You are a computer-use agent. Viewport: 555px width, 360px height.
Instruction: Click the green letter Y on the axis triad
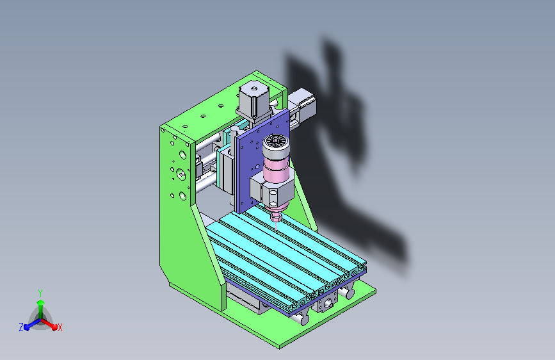pos(40,293)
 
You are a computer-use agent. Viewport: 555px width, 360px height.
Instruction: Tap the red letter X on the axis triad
pos(60,327)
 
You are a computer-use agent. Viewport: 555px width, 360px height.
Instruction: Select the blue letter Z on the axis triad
pos(21,327)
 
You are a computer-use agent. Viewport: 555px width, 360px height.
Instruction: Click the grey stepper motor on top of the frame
pos(253,100)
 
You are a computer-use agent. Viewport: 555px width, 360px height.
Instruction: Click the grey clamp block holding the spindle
pos(272,190)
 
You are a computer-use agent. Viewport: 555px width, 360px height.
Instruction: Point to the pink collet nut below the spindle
pos(277,216)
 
